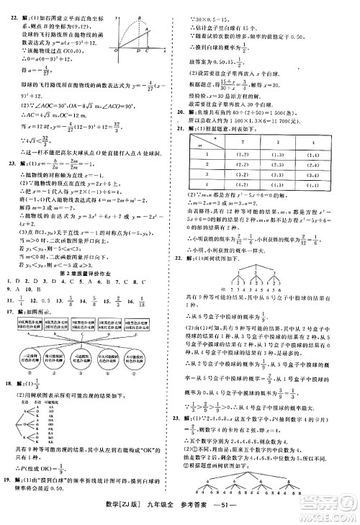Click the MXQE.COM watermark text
(325, 513)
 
